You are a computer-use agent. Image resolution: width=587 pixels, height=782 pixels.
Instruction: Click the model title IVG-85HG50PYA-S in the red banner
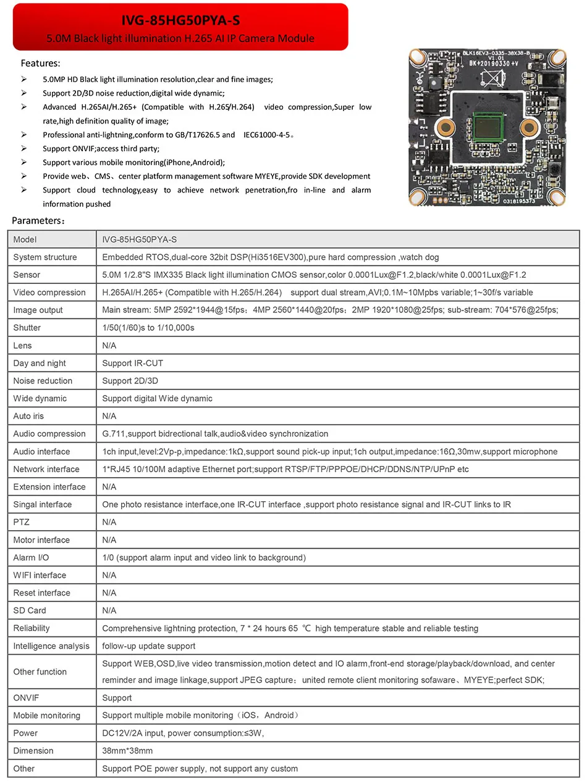pos(180,20)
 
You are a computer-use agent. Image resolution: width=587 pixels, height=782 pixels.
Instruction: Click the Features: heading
pos(40,63)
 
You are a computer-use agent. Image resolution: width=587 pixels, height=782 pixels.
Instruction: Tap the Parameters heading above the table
pos(38,220)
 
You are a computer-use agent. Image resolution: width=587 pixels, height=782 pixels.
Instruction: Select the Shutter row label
pos(27,328)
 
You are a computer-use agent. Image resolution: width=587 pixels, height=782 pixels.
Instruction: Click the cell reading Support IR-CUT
pos(132,363)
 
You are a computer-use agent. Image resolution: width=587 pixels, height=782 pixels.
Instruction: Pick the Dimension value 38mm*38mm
pos(127,751)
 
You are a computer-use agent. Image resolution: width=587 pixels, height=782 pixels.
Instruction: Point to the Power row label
pos(25,733)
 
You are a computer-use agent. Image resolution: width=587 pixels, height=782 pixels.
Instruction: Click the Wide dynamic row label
pos(40,399)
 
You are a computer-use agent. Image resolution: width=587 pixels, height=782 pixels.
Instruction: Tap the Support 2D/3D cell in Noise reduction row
pos(130,381)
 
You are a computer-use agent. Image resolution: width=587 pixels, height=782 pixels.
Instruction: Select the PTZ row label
pos(21,522)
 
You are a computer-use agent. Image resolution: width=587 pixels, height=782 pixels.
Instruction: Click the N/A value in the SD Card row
pos(109,610)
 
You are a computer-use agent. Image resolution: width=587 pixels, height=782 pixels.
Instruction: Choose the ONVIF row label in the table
pos(26,698)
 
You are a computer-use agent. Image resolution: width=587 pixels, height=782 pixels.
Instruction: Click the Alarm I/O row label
pos(31,557)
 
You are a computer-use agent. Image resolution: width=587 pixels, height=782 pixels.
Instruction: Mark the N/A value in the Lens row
pos(109,346)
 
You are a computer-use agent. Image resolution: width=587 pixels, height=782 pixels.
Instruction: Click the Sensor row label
pos(27,275)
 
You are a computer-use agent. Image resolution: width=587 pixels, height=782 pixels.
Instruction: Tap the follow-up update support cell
pos(148,646)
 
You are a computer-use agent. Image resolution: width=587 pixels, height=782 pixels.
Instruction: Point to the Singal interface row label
pos(42,504)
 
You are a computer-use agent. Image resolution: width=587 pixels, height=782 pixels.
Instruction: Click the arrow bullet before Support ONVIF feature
pos(23,149)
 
